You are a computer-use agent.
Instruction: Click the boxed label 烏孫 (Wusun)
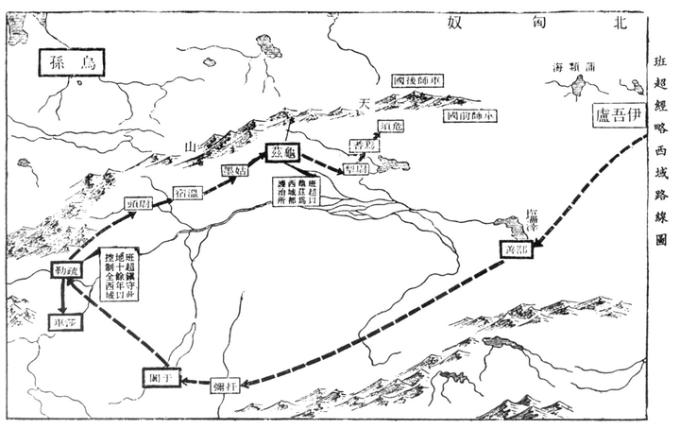71,64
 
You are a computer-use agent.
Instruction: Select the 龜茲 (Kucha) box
285,152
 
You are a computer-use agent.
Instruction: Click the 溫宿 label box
188,193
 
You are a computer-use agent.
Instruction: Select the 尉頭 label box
139,203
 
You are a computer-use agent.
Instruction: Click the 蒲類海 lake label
576,66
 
